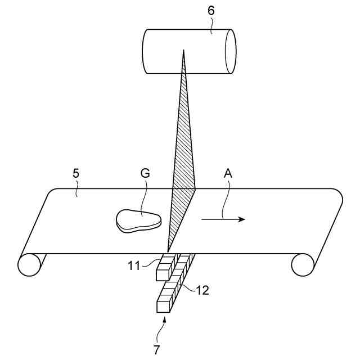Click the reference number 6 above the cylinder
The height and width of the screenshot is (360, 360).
click(211, 10)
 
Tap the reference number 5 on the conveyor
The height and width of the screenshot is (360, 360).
click(76, 173)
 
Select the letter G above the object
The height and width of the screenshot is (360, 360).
click(145, 174)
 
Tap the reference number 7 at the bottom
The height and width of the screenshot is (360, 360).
click(156, 349)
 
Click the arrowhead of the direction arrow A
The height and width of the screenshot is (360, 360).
click(241, 219)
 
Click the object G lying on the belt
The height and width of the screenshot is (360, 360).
click(138, 219)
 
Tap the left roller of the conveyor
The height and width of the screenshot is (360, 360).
click(32, 264)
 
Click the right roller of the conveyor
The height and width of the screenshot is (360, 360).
click(303, 264)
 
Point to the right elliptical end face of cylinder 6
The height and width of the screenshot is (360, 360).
click(229, 51)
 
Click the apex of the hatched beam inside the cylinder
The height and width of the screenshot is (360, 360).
click(183, 52)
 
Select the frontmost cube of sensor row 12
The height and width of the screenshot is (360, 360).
click(164, 306)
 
